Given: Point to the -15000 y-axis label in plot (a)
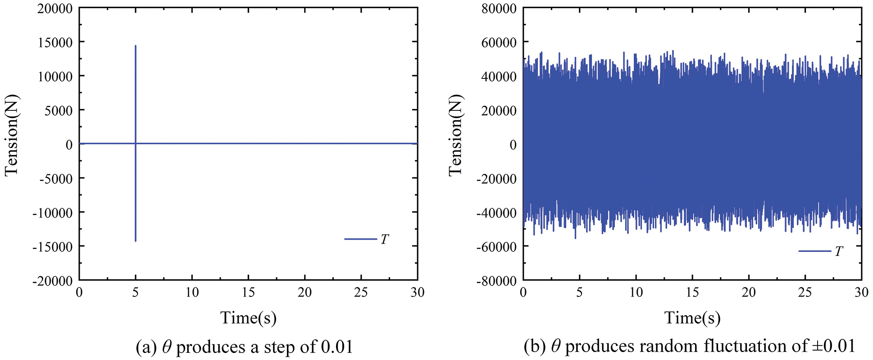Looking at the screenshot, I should click(x=52, y=247).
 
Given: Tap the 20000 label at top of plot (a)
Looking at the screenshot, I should click(x=55, y=9).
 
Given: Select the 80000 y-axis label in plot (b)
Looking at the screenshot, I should click(x=499, y=9).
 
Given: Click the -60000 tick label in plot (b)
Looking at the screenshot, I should click(x=496, y=247).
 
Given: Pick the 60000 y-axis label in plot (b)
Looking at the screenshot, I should click(x=499, y=42).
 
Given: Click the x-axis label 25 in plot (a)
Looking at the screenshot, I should click(x=361, y=292).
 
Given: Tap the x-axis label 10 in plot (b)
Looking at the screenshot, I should click(x=636, y=292).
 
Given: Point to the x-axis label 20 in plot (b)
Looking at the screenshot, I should click(x=749, y=292).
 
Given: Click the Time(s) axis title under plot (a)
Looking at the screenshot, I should click(x=248, y=318).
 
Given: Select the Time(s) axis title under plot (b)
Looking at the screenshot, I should click(x=692, y=318).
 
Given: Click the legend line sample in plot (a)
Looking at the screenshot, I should click(x=360, y=239).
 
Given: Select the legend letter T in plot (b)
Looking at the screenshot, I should click(x=838, y=251).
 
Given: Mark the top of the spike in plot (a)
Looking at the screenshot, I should click(x=135, y=46).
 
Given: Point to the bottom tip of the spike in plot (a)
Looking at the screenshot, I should click(x=135, y=241).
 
